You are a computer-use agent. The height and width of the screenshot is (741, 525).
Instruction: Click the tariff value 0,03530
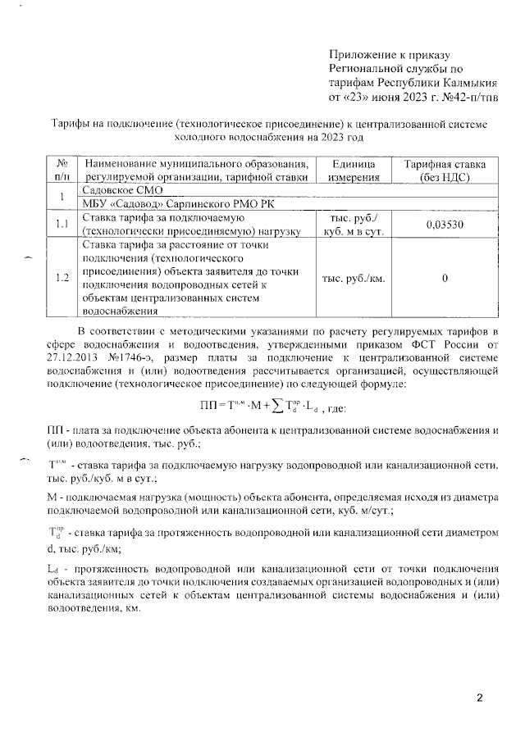pyautogui.click(x=444, y=225)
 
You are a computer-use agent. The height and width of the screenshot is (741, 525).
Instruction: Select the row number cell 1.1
pyautogui.click(x=62, y=225)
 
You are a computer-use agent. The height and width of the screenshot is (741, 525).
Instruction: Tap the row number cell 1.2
pyautogui.click(x=62, y=278)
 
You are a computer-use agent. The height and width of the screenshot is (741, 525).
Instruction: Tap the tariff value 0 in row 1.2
pyautogui.click(x=444, y=278)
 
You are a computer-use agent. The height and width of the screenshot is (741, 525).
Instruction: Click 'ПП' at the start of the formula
pyautogui.click(x=208, y=406)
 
